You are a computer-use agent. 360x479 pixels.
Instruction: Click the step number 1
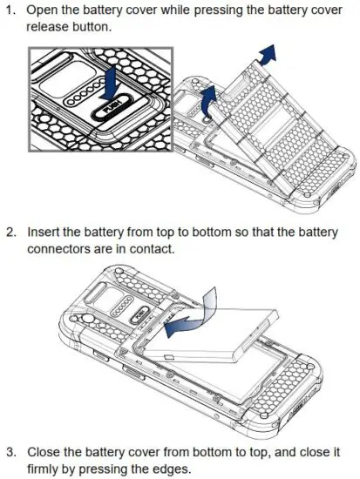tap(12, 10)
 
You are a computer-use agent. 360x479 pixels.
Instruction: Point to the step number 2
tap(12, 233)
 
